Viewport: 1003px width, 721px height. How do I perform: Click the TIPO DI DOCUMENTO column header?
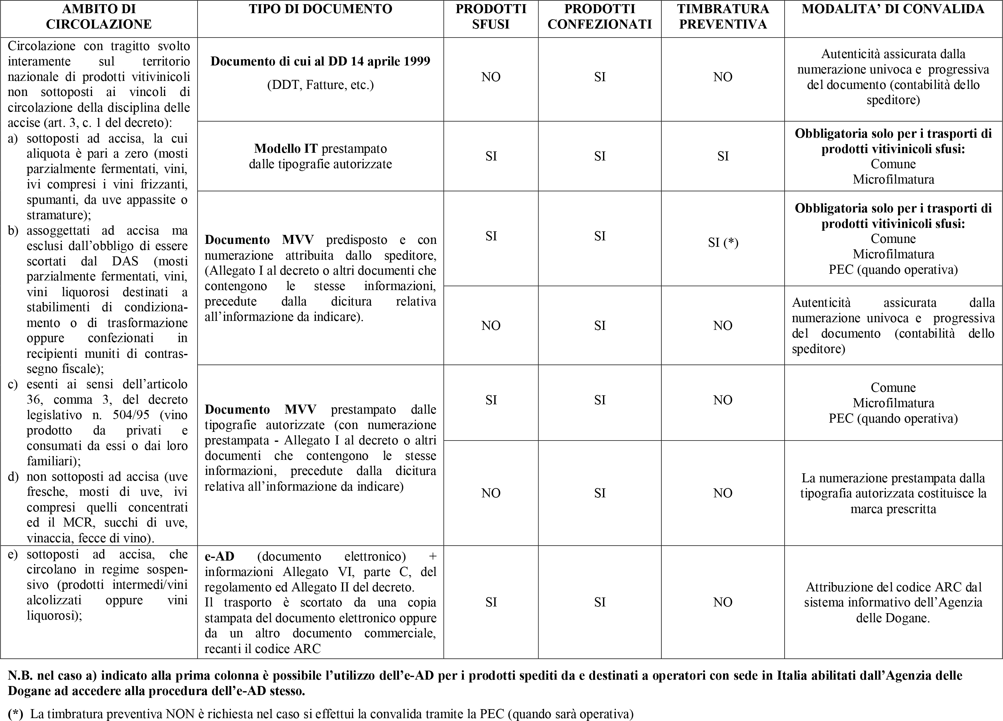pos(320,9)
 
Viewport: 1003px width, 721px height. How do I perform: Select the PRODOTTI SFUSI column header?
pos(491,17)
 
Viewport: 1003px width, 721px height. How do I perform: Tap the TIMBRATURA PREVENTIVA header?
pos(723,17)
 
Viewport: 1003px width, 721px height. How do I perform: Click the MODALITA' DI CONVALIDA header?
pos(893,9)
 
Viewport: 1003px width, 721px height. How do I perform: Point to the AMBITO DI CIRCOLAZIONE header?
pos(98,17)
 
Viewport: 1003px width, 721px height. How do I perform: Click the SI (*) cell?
pos(723,242)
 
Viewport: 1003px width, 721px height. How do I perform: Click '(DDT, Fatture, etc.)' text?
pos(320,84)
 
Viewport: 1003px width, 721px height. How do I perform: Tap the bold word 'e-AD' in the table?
pos(219,556)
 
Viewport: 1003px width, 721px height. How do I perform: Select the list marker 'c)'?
pos(13,384)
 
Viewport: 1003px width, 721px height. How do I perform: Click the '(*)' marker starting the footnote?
pos(15,714)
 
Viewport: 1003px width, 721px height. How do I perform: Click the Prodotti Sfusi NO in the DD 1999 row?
pos(491,77)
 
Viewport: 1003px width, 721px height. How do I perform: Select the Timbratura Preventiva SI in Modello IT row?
pos(723,156)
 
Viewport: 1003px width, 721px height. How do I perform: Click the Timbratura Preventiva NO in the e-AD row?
pos(723,602)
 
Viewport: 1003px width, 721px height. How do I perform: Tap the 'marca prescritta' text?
pos(893,509)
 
